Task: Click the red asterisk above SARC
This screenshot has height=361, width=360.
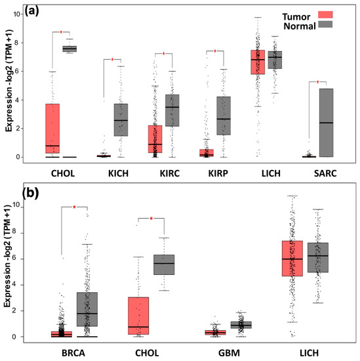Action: [x=318, y=83]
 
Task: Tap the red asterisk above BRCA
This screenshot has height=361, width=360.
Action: [x=74, y=208]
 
